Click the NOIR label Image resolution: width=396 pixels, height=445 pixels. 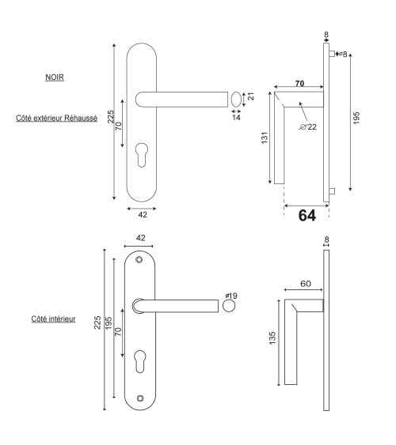point(55,77)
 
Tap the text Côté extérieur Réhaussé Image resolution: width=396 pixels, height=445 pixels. point(56,118)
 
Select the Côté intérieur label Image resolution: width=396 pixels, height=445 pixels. point(53,319)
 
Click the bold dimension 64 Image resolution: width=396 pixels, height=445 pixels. point(307,216)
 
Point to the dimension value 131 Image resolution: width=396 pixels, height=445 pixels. point(265,138)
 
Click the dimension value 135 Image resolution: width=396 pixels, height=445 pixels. point(272,338)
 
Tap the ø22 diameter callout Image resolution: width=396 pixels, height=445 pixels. point(308,126)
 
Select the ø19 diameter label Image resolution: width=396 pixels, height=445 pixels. point(231,296)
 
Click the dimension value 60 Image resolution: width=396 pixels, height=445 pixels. point(306,284)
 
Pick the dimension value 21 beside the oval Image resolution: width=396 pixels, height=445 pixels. point(251,96)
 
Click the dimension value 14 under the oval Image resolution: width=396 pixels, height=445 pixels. point(236,117)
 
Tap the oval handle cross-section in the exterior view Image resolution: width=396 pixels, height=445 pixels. point(236,100)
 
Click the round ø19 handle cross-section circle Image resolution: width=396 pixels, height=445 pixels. point(229,306)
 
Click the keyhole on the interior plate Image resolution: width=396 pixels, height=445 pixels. point(140,361)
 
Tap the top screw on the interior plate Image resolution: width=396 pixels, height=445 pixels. point(139,259)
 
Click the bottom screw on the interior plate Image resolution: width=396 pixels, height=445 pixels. point(140,398)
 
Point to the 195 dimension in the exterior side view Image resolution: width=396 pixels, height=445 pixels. point(356,118)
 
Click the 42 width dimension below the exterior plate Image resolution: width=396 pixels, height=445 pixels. point(143,215)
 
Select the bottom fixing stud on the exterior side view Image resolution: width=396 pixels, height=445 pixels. point(333,191)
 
